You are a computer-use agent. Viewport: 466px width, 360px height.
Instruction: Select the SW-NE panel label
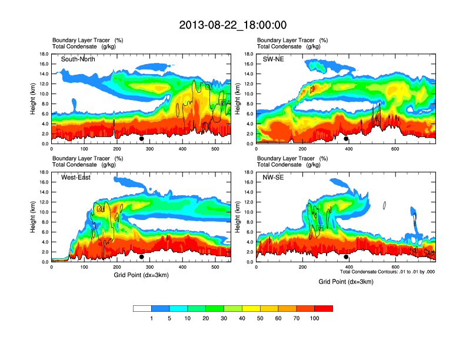(x=274, y=59)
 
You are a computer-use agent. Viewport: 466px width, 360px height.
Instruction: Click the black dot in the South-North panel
(x=142, y=139)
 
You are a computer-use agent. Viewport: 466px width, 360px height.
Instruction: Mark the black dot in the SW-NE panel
(x=346, y=139)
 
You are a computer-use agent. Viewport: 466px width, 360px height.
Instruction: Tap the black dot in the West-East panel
(x=142, y=256)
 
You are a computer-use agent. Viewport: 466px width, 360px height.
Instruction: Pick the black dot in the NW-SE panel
(x=346, y=256)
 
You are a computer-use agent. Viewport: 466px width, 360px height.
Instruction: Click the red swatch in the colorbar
(x=324, y=308)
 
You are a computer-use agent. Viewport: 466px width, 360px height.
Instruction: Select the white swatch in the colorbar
(x=142, y=308)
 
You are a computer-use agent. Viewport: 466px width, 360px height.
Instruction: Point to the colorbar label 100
(x=315, y=318)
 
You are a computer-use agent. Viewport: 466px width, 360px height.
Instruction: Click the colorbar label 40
(x=242, y=318)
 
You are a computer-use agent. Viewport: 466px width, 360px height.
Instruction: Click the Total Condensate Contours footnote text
(x=387, y=272)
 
